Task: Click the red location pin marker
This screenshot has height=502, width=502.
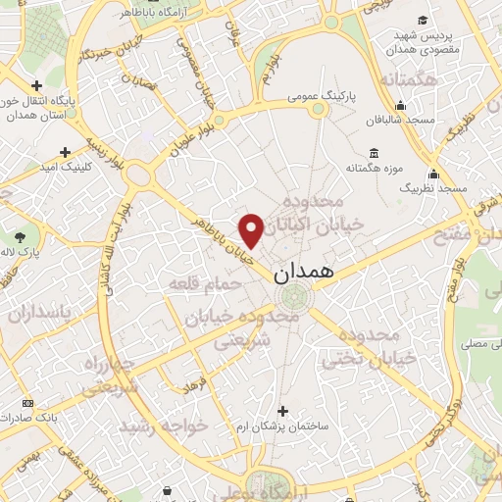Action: click(252, 229)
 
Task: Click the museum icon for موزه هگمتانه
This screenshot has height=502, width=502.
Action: click(375, 152)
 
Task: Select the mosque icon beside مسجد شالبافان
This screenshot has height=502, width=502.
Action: click(400, 105)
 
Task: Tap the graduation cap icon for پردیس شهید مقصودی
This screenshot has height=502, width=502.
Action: click(423, 21)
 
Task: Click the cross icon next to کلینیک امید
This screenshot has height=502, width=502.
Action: click(65, 152)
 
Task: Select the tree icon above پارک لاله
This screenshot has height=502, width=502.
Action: click(21, 236)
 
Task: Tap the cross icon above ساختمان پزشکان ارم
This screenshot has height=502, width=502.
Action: click(283, 411)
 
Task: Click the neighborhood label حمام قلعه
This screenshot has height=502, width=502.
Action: click(198, 284)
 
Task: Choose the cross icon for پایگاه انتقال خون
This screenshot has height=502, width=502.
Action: click(36, 84)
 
